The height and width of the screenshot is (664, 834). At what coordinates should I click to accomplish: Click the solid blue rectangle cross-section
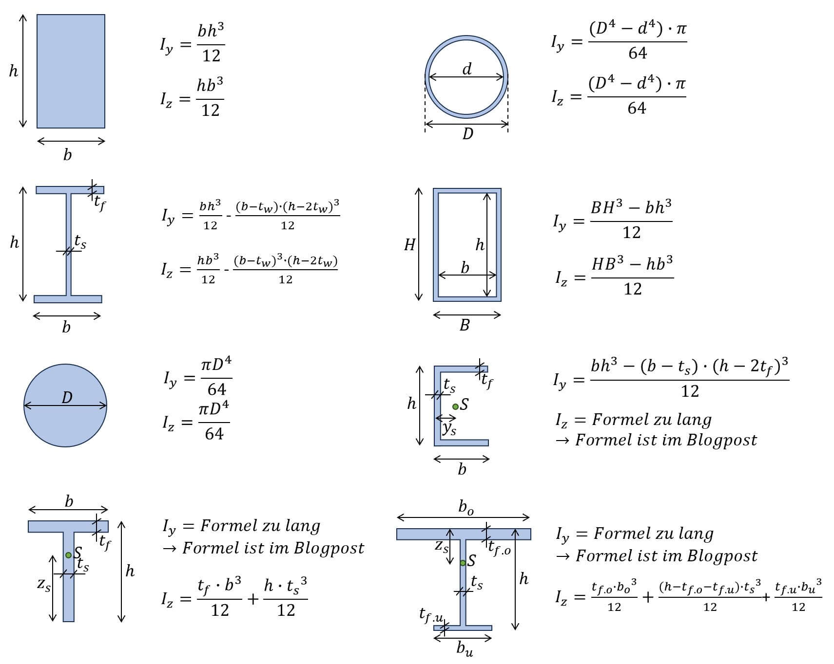71,71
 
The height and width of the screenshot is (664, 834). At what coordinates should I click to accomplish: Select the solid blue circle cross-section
65,406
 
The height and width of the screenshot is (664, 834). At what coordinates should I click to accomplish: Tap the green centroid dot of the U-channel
455,406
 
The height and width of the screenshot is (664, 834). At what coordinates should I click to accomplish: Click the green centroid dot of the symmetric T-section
68,555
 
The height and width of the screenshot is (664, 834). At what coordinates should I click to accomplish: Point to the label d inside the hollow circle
467,69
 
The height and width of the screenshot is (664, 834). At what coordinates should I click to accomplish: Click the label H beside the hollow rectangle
409,244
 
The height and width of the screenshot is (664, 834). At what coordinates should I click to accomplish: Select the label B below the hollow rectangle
465,325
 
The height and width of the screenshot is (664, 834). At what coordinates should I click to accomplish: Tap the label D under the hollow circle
467,133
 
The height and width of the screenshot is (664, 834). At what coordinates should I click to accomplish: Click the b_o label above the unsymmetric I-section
465,508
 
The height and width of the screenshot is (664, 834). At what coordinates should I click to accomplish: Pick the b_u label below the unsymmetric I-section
465,648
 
